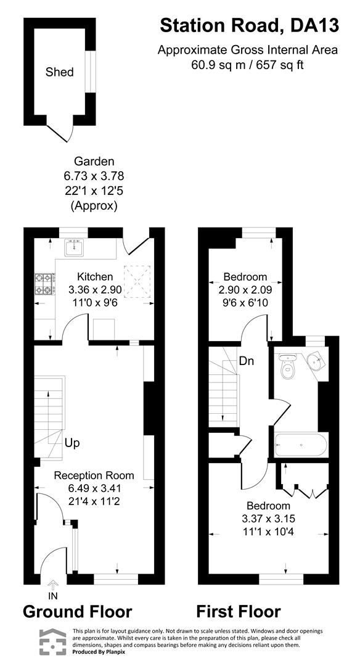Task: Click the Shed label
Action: (x=60, y=72)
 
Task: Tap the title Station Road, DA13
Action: (x=249, y=25)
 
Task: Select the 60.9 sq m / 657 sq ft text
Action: (x=247, y=64)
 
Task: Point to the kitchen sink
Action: (x=74, y=248)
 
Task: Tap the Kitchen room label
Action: (x=94, y=276)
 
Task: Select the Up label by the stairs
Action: (x=72, y=443)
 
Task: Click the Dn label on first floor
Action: (x=247, y=361)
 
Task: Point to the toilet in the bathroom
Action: (x=287, y=369)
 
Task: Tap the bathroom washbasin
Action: (x=317, y=361)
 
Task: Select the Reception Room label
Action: (x=94, y=475)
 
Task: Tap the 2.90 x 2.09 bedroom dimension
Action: (x=245, y=288)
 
